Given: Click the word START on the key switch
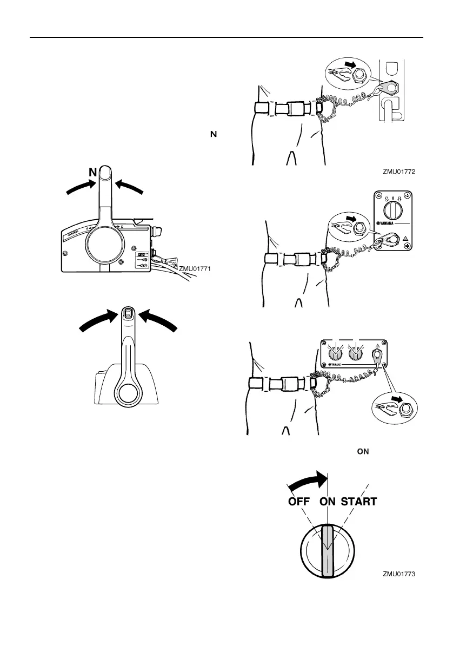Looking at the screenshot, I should click(358, 502).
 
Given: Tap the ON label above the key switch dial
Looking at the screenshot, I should click(327, 502).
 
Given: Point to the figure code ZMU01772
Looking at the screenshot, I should click(402, 172).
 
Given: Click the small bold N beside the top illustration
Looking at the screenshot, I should click(214, 133).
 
